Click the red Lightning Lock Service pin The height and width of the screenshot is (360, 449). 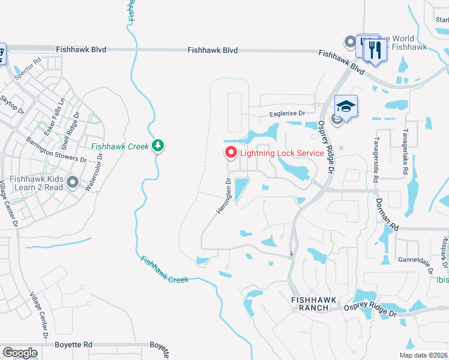point(231,153)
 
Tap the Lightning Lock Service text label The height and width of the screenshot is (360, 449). point(282,153)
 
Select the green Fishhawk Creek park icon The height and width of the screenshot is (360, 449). point(158,146)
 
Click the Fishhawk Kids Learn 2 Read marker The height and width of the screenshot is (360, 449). point(73,182)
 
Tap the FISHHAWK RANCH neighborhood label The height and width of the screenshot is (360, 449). point(310,303)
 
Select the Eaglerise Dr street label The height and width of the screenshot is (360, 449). point(286,113)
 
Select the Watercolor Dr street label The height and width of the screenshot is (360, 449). point(94,172)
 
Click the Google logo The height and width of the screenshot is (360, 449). point(20,352)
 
